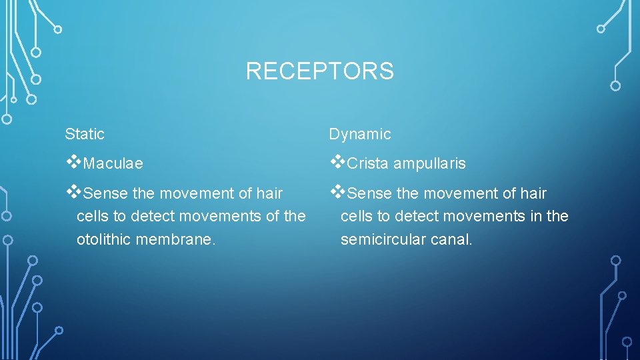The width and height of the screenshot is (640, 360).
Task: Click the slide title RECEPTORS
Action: pyautogui.click(x=319, y=71)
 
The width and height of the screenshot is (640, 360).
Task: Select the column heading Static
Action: pyautogui.click(x=85, y=134)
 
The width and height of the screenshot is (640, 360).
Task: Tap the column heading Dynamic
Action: pyautogui.click(x=360, y=134)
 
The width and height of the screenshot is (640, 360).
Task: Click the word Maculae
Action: pyautogui.click(x=114, y=164)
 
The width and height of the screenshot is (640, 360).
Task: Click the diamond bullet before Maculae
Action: pyautogui.click(x=73, y=162)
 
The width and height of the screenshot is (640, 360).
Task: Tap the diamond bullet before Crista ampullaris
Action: pyautogui.click(x=337, y=162)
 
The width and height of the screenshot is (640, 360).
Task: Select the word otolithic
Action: pyautogui.click(x=104, y=239)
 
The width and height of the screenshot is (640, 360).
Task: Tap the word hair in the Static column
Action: pyautogui.click(x=269, y=194)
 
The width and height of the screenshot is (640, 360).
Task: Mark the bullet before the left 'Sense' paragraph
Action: pyautogui.click(x=73, y=192)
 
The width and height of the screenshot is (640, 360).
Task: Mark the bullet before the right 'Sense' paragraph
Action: pyautogui.click(x=337, y=192)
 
